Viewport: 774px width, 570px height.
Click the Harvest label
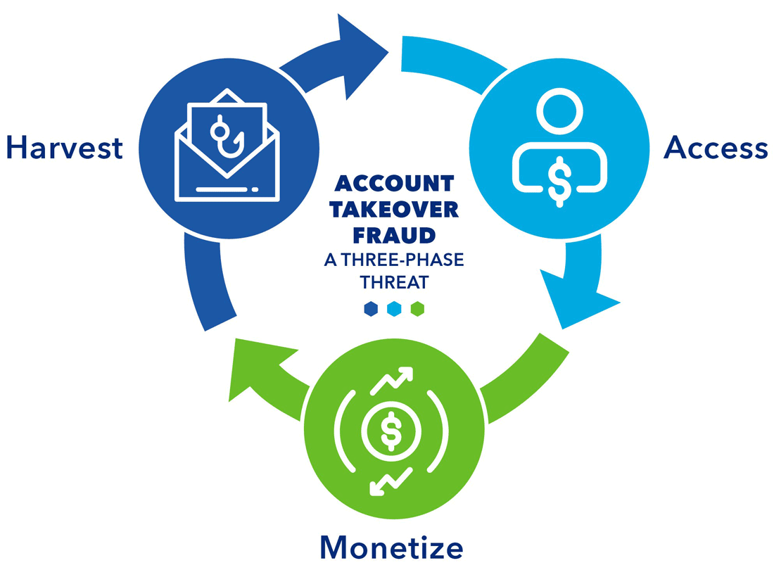click(65, 148)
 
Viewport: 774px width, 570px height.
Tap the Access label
click(716, 148)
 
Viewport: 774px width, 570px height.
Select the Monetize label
click(391, 547)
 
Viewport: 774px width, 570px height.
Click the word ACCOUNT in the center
click(394, 184)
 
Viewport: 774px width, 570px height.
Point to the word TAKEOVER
click(397, 210)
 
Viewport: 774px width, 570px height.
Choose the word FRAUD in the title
click(395, 234)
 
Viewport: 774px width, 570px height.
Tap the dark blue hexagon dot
click(370, 309)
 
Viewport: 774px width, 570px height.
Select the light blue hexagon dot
click(394, 309)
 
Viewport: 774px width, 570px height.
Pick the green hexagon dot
click(417, 309)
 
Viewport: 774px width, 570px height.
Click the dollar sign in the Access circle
click(559, 179)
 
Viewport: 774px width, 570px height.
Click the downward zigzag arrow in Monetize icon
click(388, 482)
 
